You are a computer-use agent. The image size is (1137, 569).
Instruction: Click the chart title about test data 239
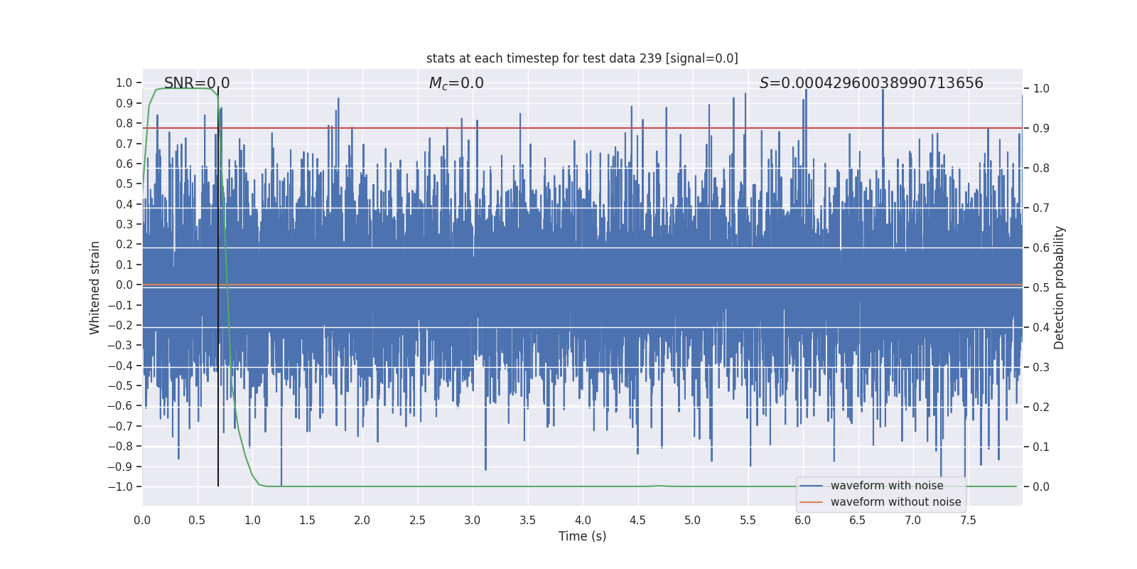(582, 58)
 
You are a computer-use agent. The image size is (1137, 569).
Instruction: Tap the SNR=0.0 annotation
(197, 83)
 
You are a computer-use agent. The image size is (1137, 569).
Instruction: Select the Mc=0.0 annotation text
(456, 83)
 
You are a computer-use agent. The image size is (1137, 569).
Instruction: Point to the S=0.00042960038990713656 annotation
(871, 83)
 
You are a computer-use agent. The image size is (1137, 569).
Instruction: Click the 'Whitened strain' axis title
(95, 287)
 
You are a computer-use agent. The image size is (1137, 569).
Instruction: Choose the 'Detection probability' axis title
(1060, 287)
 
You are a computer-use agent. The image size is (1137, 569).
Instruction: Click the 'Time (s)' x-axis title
(582, 536)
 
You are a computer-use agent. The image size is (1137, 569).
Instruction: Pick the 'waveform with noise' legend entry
(886, 486)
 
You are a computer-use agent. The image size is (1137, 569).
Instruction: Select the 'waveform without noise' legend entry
(895, 502)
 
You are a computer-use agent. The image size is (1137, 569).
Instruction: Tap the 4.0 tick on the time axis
(583, 521)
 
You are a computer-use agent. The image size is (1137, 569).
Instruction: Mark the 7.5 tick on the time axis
(968, 521)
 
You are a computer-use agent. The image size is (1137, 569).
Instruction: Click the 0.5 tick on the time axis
(198, 521)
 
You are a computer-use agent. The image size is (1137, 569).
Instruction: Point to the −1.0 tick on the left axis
(120, 487)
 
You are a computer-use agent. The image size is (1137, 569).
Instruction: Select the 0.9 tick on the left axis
(124, 103)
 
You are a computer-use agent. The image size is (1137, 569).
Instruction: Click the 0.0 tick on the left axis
(124, 285)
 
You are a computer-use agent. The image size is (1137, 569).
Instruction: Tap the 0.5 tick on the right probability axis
(1041, 288)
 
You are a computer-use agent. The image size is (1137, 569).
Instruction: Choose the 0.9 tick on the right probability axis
(1041, 129)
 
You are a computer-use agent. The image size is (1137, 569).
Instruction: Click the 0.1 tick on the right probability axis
(1041, 447)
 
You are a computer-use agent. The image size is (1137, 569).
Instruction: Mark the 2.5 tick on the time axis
(417, 521)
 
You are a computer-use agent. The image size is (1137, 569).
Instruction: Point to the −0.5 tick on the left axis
(120, 386)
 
